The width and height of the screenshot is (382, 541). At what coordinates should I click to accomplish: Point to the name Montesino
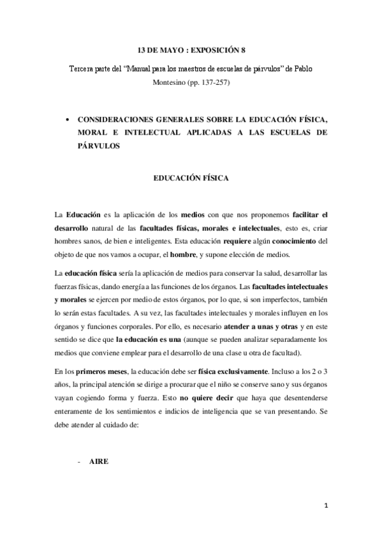[173, 83]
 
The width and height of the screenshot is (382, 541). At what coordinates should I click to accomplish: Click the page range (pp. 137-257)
[211, 83]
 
